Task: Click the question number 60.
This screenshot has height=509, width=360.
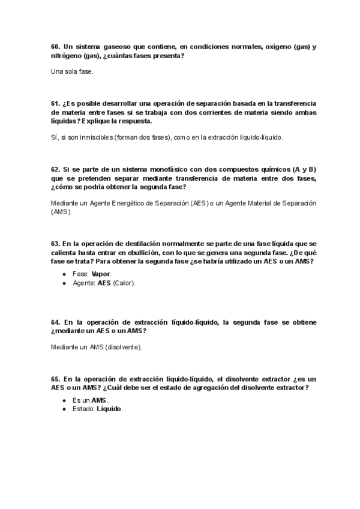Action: (56, 47)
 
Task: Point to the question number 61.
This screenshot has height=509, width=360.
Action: (56, 104)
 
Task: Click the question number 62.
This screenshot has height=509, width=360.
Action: (56, 170)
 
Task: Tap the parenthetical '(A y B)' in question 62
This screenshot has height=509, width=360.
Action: (305, 170)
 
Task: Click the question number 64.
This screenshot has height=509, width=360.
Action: (56, 322)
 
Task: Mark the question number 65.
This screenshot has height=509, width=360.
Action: (56, 379)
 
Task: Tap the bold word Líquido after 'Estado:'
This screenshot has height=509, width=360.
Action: (109, 409)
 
